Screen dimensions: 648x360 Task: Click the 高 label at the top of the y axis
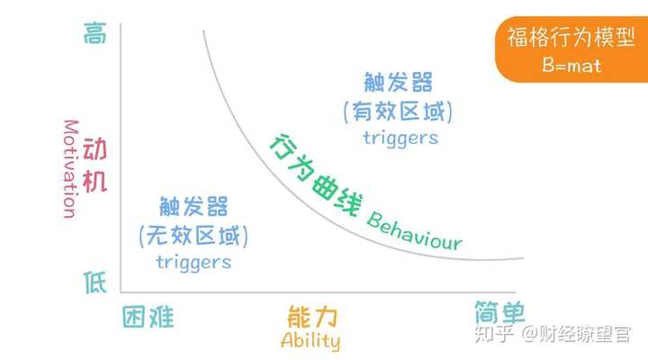pos(95,33)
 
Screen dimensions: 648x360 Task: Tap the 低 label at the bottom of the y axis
pos(95,283)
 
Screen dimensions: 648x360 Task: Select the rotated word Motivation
pos(71,169)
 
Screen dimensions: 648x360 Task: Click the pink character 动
pos(95,149)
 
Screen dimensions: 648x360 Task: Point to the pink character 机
pos(95,182)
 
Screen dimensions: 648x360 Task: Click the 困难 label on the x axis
pos(148,318)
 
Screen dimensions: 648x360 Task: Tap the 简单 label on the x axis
pos(499,312)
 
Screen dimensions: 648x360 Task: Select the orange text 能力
pos(312,317)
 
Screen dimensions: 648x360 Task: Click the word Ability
pos(310,341)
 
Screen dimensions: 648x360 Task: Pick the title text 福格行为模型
pos(571,37)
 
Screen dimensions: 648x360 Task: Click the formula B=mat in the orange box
pos(571,66)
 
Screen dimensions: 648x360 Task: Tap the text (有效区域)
pos(398,112)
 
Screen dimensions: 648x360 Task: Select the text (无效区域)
pos(193,236)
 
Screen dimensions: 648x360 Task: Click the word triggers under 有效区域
pos(400,138)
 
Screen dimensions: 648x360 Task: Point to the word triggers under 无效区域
pos(193,262)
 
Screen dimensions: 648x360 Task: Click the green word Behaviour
pos(414,231)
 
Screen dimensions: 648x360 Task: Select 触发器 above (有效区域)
pos(398,82)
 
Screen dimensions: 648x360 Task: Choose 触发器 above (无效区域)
pos(193,206)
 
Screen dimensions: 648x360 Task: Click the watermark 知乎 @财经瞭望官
pos(553,334)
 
